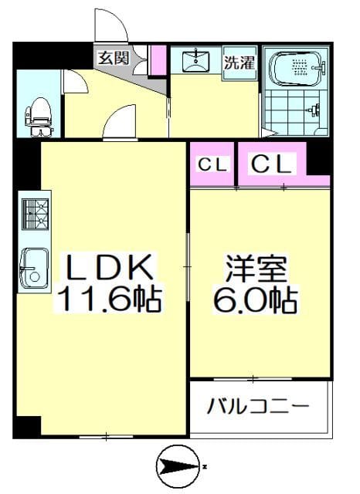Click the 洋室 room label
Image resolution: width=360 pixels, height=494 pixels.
pos(256,270)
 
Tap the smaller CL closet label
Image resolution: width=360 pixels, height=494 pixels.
pos(212,164)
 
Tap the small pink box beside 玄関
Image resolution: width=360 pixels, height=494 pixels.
pos(158,60)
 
